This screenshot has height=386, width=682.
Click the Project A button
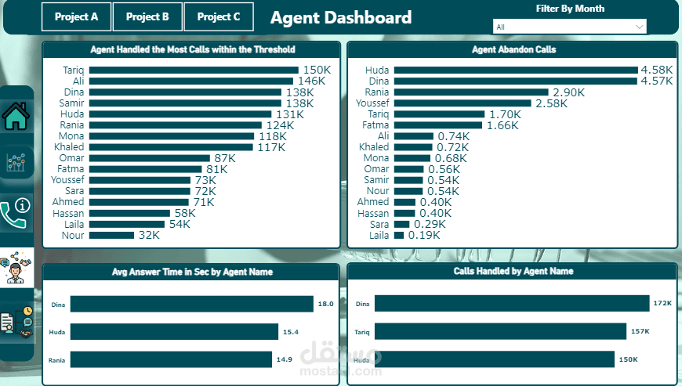coord(77,16)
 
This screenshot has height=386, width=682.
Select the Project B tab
coord(147,16)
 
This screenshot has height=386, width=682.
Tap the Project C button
coord(219,16)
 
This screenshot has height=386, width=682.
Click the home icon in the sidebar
coord(16,117)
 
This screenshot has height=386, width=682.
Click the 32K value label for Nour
coord(149,235)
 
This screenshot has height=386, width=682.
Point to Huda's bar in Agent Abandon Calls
coord(515,70)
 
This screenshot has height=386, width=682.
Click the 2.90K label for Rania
coord(568,92)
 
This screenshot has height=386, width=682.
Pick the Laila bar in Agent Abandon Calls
coord(399,235)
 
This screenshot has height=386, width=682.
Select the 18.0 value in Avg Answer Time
coord(325,304)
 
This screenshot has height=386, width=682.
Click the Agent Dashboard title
coord(340,17)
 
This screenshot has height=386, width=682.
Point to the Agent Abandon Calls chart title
coord(513,49)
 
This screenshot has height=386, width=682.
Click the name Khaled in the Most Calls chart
coord(69,146)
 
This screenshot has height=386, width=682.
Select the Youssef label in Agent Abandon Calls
coord(372,103)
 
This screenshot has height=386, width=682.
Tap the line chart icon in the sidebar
coord(16,163)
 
